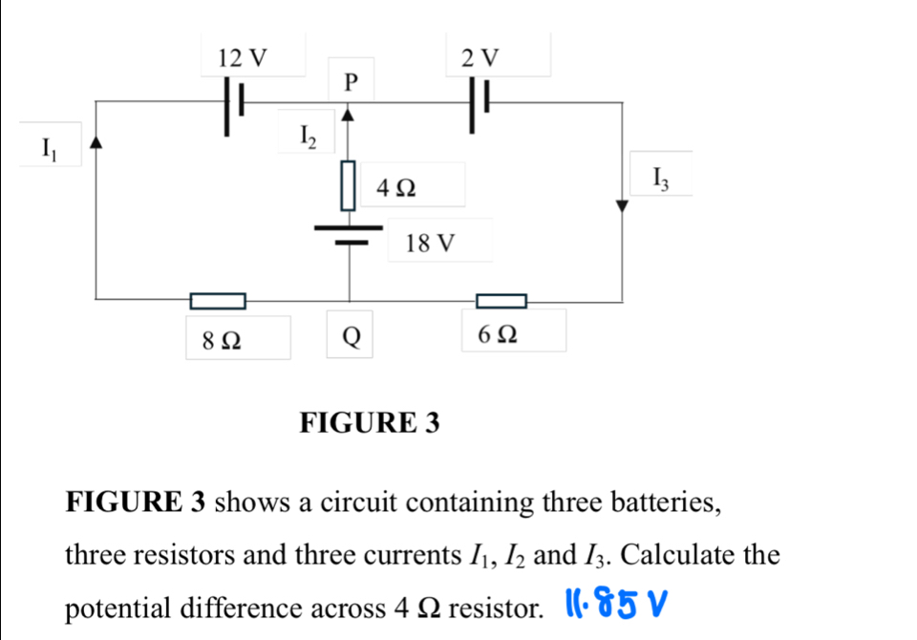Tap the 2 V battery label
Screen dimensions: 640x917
[480, 58]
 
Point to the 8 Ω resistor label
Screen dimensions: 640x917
[221, 338]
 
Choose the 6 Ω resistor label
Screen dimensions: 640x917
[500, 336]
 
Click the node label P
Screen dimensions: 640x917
[349, 82]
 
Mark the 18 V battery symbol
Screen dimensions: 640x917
[349, 235]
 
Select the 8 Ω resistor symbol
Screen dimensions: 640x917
[218, 302]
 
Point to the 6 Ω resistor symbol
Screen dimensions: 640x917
[501, 302]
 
